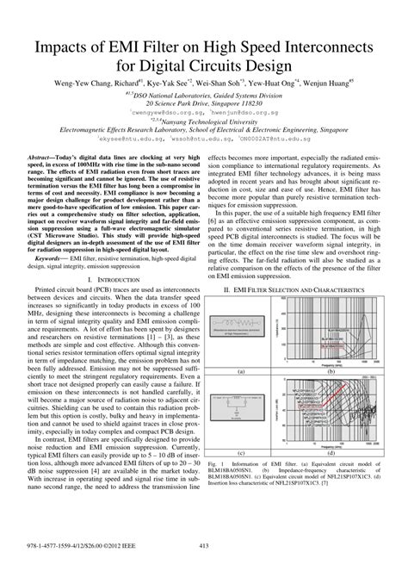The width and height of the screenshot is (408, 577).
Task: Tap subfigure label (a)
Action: [242, 372]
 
